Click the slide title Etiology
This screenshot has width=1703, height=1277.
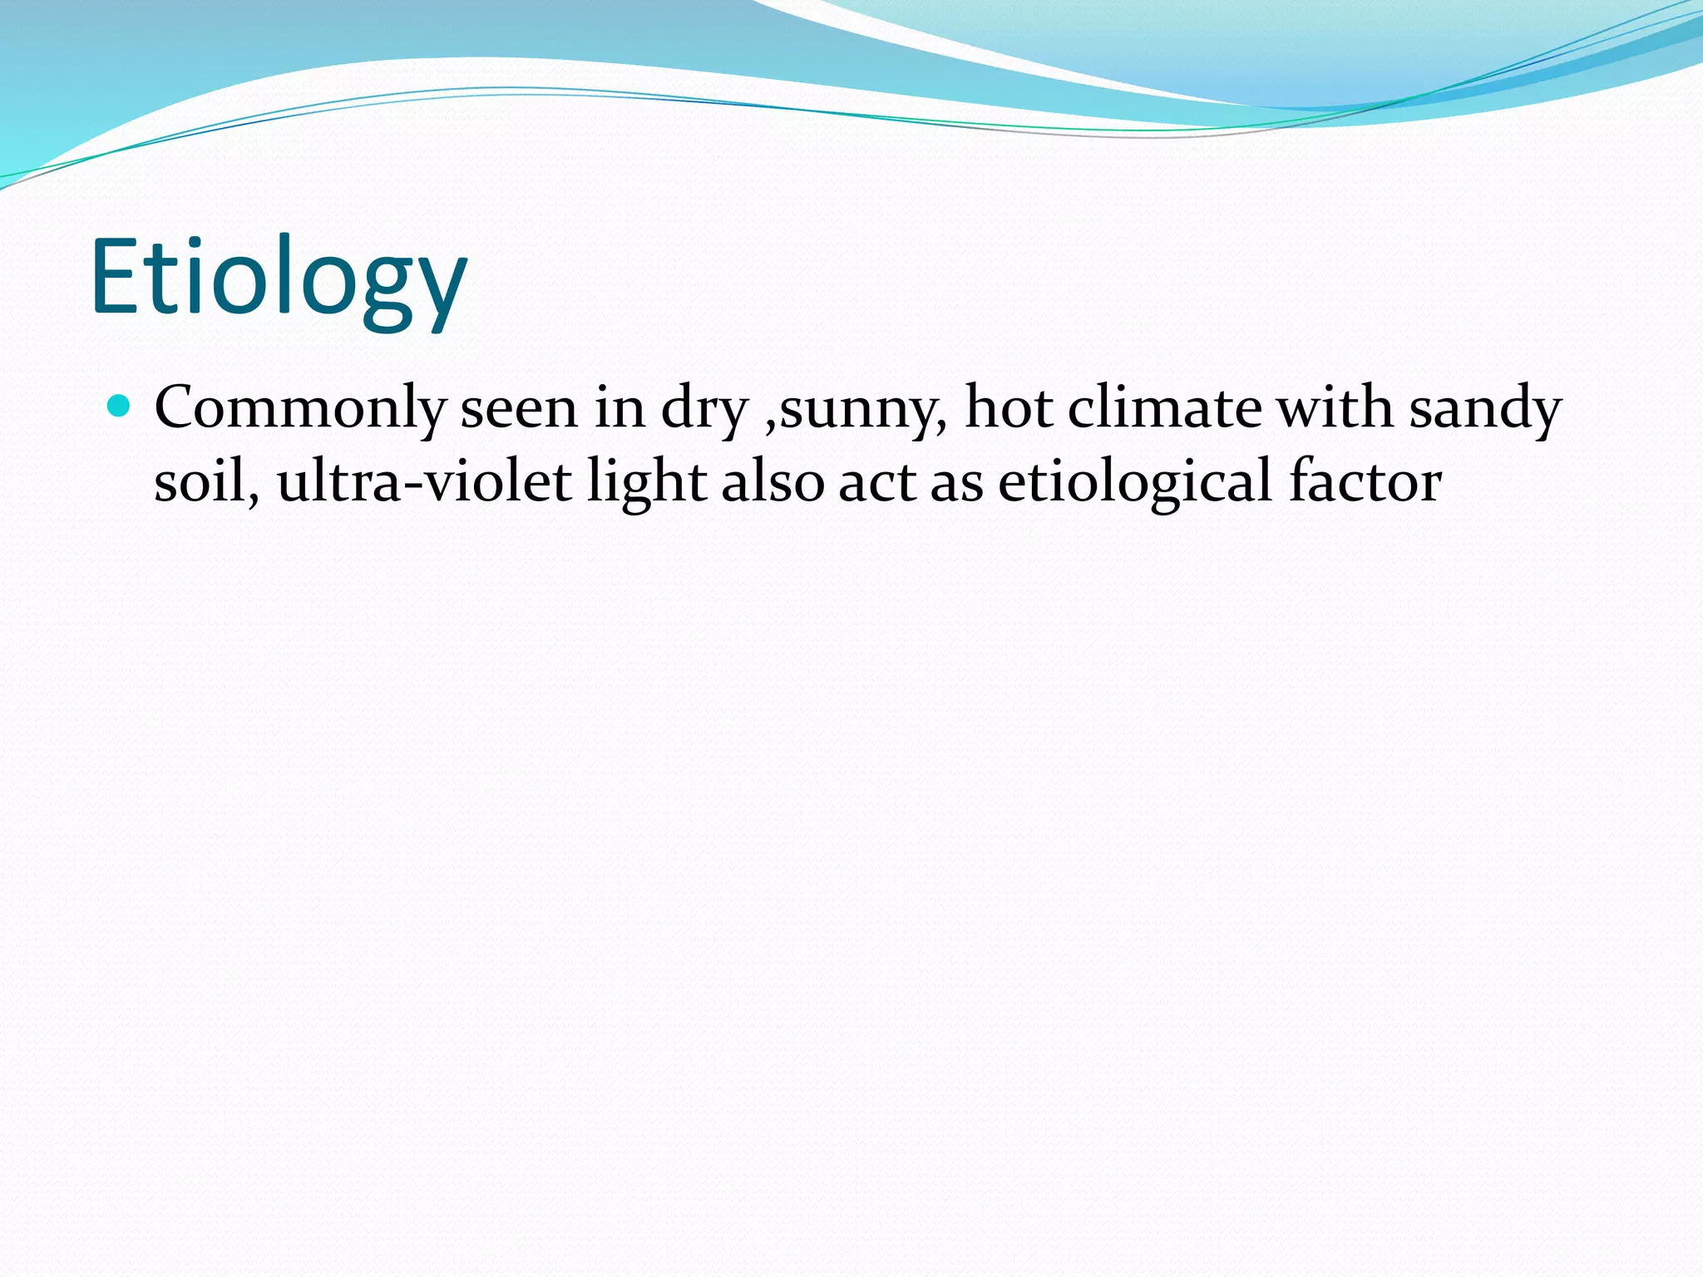279,279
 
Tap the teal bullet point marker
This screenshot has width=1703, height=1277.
121,407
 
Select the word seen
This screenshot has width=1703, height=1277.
519,408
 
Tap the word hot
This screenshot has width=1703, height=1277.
1007,407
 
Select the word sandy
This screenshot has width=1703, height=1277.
1485,410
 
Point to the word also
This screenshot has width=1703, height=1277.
773,481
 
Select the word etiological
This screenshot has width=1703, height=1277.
1135,483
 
